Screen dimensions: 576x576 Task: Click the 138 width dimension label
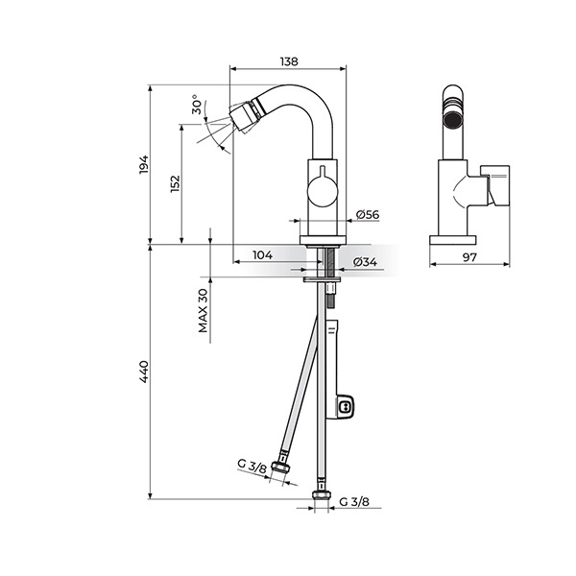click(x=289, y=61)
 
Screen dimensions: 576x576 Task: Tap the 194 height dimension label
click(x=144, y=164)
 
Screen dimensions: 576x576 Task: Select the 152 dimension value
click(x=176, y=183)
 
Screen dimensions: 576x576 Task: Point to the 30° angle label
click(x=197, y=105)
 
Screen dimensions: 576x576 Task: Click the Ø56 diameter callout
click(x=368, y=214)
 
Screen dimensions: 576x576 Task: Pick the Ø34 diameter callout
click(x=365, y=262)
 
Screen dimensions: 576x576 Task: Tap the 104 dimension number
click(x=263, y=254)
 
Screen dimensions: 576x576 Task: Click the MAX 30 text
click(x=204, y=310)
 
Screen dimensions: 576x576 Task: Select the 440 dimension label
click(x=144, y=372)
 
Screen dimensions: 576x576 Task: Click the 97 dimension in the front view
click(x=469, y=257)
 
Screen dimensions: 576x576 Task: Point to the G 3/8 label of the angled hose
click(x=252, y=467)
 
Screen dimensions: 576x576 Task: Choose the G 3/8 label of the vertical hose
click(x=354, y=501)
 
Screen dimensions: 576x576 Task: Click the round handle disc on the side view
click(x=322, y=193)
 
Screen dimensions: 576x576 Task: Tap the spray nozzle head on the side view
click(x=244, y=116)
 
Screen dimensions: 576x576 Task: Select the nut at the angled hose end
click(x=281, y=467)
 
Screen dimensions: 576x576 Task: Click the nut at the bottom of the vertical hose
click(x=322, y=495)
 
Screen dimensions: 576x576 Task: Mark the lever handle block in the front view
click(x=494, y=185)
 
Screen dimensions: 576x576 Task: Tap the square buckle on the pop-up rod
click(x=345, y=407)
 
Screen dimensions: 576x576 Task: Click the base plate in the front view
click(x=453, y=240)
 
